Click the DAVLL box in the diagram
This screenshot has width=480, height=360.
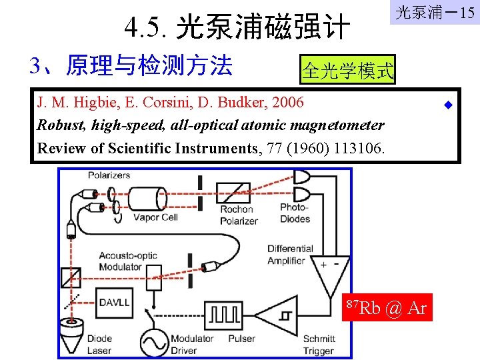click(x=114, y=302)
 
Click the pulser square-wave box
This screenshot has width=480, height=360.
click(x=226, y=316)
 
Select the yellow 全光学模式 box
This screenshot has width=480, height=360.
click(x=348, y=70)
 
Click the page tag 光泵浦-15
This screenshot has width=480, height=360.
click(x=434, y=13)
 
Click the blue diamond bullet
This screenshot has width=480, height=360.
click(x=448, y=105)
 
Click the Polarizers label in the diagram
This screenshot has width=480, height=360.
click(x=109, y=175)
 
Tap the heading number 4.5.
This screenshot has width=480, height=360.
click(x=146, y=29)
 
